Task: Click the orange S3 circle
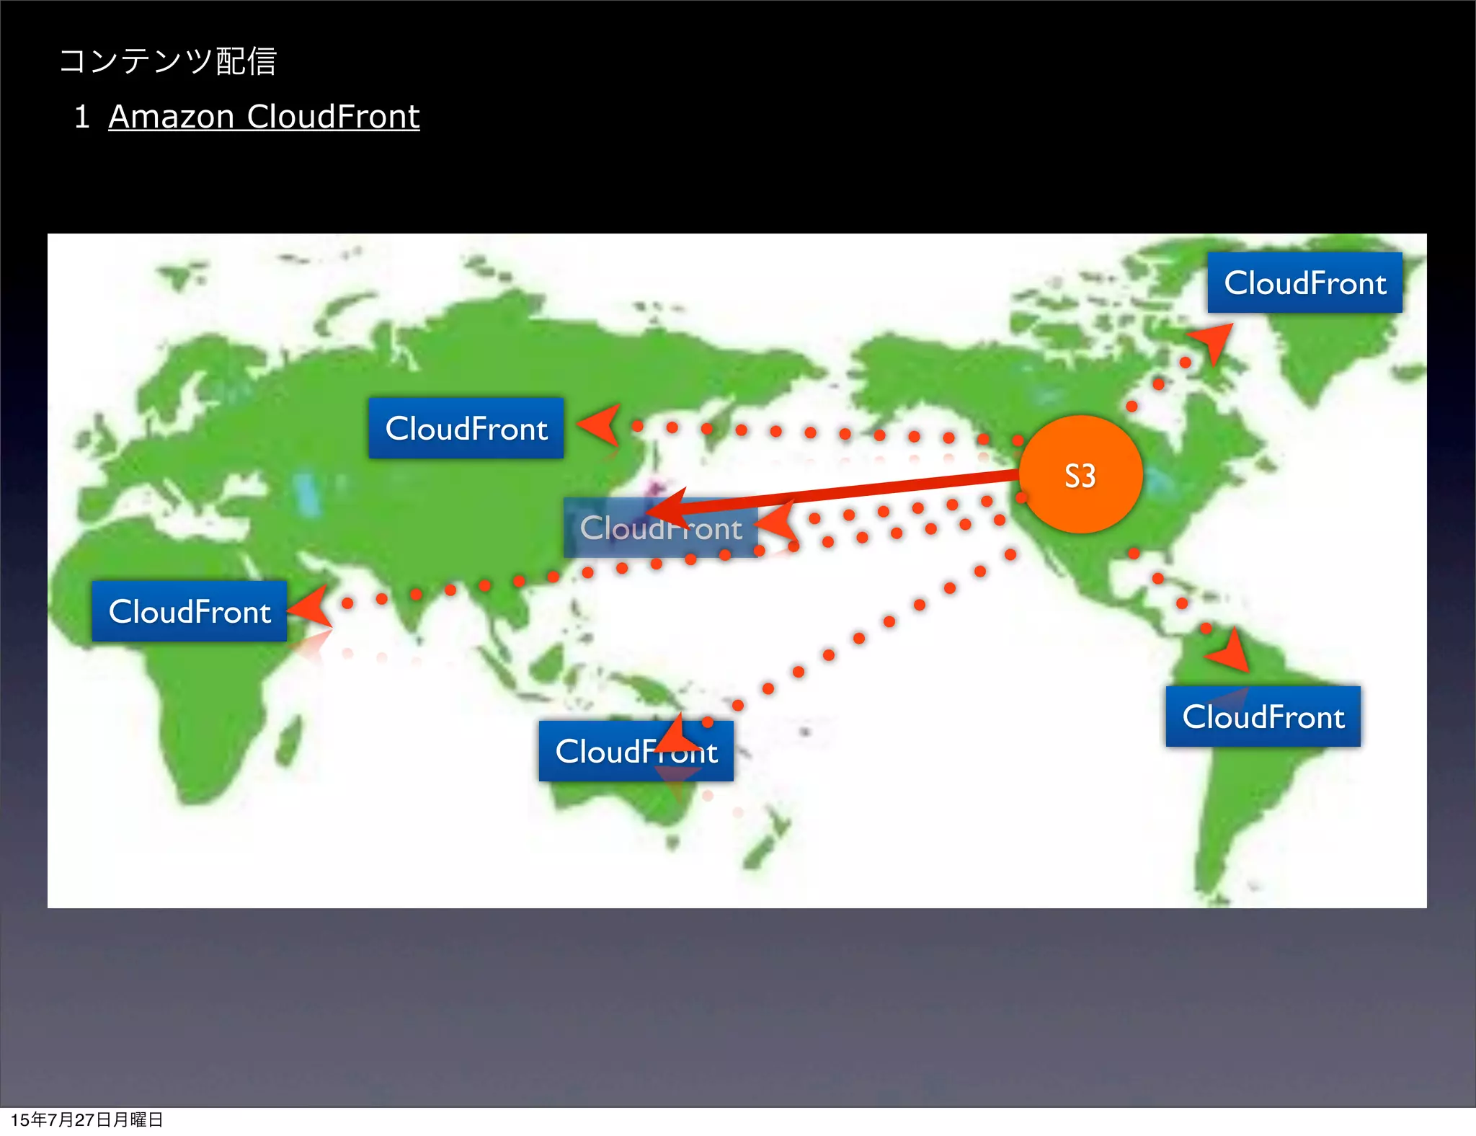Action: (x=1080, y=474)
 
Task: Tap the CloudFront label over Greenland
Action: (x=1304, y=283)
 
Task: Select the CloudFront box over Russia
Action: (x=466, y=428)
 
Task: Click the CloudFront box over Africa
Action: (x=189, y=611)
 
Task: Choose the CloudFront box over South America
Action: (x=1263, y=716)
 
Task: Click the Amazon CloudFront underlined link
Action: (x=264, y=117)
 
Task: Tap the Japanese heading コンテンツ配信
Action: (x=168, y=61)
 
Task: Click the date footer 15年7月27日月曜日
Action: (x=86, y=1119)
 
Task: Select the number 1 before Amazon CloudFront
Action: (x=81, y=117)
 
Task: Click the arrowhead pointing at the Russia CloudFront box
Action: (x=600, y=424)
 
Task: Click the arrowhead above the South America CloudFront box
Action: (x=1231, y=651)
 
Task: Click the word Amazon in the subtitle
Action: (x=171, y=117)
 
